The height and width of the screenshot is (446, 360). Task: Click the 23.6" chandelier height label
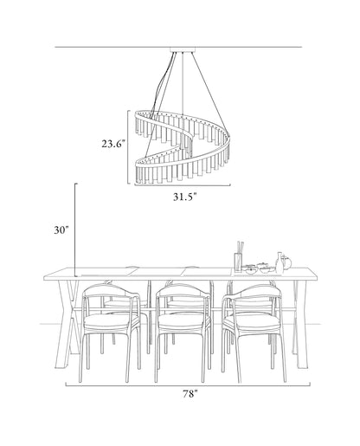[113, 144]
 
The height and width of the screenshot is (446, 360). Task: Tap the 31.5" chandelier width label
[185, 197]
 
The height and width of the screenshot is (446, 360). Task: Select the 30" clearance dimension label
[61, 230]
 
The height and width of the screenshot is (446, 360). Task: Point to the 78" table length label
[190, 394]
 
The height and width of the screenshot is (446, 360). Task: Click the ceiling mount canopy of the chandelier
[183, 49]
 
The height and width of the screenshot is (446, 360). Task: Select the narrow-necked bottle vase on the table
[280, 262]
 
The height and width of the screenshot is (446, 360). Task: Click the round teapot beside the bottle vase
[286, 262]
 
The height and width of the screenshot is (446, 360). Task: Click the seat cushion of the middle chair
[184, 322]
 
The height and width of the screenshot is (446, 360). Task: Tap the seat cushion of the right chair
[253, 323]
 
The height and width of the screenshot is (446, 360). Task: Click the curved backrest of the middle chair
[183, 290]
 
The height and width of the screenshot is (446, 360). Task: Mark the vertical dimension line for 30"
[75, 229]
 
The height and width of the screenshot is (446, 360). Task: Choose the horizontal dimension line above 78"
[188, 385]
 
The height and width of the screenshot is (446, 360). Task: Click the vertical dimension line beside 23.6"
[128, 146]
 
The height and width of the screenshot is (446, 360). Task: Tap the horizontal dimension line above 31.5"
[183, 185]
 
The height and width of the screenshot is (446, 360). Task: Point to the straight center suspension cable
[183, 84]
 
